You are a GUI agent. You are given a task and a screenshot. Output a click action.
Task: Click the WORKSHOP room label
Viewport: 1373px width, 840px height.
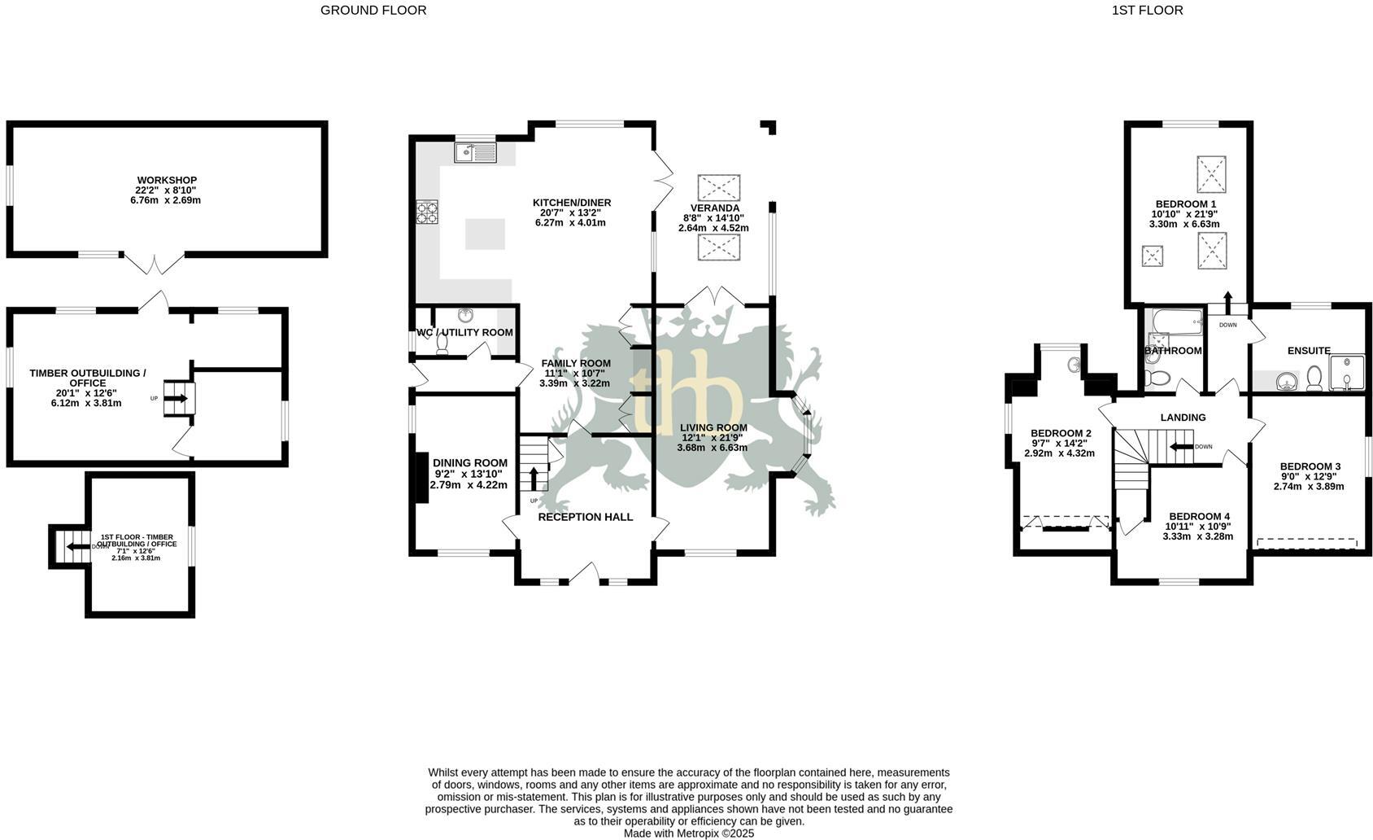click(167, 181)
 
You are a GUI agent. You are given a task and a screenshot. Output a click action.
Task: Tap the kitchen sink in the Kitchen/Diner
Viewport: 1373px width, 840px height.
click(476, 153)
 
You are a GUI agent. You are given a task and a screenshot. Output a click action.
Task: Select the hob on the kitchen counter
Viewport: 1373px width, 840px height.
click(427, 212)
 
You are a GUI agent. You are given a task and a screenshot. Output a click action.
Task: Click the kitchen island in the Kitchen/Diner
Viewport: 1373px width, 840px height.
click(485, 234)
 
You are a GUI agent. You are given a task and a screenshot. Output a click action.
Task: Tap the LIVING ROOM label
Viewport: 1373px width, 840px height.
click(713, 427)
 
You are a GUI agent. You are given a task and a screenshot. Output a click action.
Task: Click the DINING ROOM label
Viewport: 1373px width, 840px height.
click(470, 463)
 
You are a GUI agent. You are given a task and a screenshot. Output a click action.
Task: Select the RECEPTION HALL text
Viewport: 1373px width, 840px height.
click(586, 517)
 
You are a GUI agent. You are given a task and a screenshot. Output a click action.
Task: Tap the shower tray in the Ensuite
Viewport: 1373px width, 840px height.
click(1347, 373)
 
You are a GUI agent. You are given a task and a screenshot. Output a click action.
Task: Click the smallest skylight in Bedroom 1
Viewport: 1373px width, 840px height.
click(1153, 256)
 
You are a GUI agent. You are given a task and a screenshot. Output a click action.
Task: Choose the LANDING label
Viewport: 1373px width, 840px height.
click(1183, 418)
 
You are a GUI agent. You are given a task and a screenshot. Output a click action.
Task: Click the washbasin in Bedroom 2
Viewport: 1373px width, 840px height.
click(1074, 365)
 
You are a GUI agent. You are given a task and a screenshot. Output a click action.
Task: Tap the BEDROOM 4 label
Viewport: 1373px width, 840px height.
click(1199, 517)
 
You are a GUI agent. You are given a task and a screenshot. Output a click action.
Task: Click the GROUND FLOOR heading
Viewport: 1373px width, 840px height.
click(373, 11)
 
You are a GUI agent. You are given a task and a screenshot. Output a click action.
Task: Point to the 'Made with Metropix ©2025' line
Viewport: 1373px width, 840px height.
click(689, 833)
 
